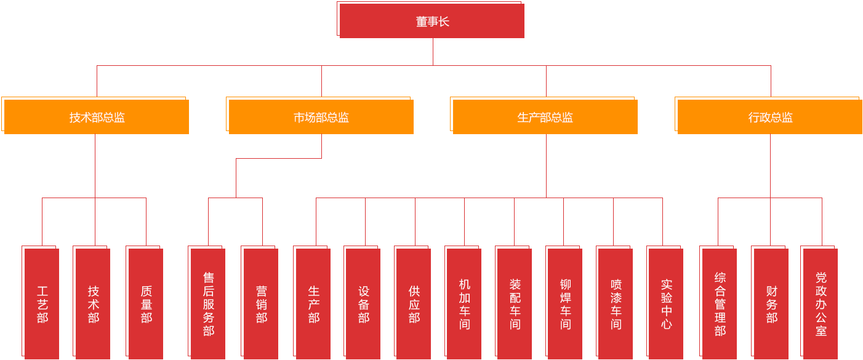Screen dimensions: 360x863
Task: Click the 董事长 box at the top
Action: point(431,20)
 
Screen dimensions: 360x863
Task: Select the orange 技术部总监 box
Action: point(95,116)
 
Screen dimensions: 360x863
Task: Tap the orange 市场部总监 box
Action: point(320,116)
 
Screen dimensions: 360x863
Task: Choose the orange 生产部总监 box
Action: point(544,116)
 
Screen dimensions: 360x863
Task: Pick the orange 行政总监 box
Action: point(769,116)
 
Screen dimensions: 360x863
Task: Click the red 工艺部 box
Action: point(41,302)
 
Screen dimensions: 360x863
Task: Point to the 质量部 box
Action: point(145,302)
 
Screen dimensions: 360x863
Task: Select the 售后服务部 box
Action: point(207,302)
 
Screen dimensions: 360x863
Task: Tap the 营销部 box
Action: point(260,302)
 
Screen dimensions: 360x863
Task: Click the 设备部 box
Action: point(363,302)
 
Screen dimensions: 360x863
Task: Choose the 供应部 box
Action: point(413,302)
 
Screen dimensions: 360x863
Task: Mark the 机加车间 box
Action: point(464,302)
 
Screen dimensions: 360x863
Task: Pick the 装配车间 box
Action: point(514,302)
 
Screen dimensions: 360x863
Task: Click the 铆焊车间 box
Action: point(564,302)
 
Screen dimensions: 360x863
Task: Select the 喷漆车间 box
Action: point(615,302)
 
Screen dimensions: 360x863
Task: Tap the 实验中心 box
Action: point(665,302)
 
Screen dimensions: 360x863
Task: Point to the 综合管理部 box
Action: point(718,302)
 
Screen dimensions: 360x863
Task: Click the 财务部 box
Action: point(770,302)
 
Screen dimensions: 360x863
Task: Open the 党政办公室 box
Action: point(819,302)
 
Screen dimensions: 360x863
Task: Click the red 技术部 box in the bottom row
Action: point(92,302)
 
